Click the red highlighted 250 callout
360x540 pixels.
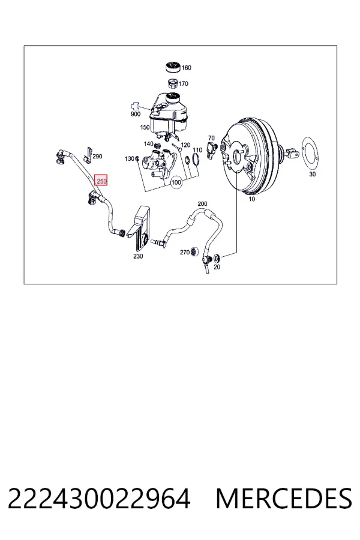[x=101, y=180]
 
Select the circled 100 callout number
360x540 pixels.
[x=176, y=182]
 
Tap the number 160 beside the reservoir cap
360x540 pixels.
[x=186, y=68]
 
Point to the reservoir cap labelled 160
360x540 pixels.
[x=173, y=67]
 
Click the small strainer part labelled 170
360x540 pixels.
[x=173, y=83]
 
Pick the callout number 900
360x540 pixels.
[x=136, y=114]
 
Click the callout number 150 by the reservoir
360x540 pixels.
[x=145, y=127]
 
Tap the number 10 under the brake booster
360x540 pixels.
[x=252, y=199]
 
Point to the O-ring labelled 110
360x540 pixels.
[x=196, y=160]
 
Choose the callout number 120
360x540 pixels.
[x=185, y=145]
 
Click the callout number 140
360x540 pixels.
[x=148, y=143]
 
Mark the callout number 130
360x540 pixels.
[x=129, y=158]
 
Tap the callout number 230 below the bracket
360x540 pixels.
[x=138, y=256]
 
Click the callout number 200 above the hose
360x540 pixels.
[x=202, y=203]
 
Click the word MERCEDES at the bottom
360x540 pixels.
[x=284, y=499]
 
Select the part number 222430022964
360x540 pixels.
[x=99, y=499]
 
